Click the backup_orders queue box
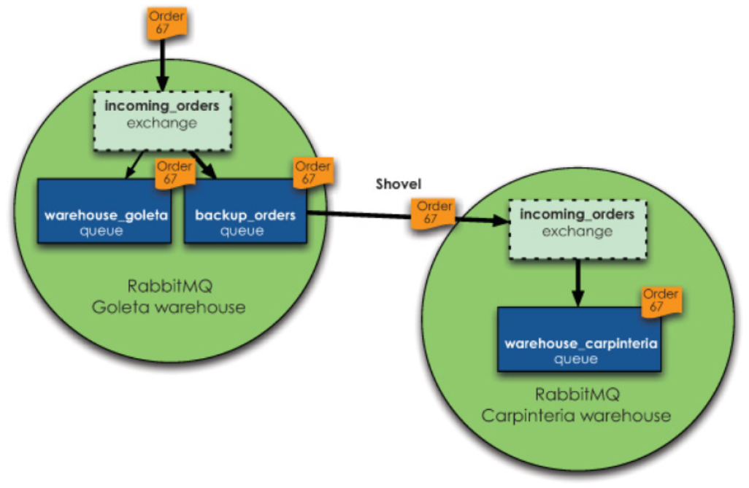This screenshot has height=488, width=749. [245, 213]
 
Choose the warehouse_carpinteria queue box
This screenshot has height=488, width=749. [582, 338]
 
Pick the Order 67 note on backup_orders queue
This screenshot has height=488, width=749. [312, 172]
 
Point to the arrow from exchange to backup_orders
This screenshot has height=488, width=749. [204, 165]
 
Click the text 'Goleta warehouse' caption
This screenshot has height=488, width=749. [169, 307]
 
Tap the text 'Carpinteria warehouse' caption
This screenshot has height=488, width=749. [576, 417]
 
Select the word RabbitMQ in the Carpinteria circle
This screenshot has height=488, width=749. [577, 395]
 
